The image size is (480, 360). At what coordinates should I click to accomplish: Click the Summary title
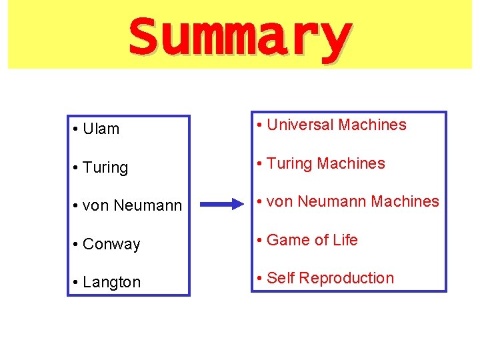pyautogui.click(x=239, y=37)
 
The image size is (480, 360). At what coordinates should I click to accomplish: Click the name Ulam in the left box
pyautogui.click(x=101, y=129)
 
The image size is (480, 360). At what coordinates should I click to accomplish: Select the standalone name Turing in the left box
pyautogui.click(x=105, y=168)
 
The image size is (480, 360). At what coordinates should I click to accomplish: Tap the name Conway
pyautogui.click(x=111, y=245)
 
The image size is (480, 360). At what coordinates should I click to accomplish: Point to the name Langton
pyautogui.click(x=112, y=283)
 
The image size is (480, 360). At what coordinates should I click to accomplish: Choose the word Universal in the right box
pyautogui.click(x=300, y=125)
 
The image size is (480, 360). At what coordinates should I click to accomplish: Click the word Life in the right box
pyautogui.click(x=345, y=240)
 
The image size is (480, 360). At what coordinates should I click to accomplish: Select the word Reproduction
pyautogui.click(x=347, y=278)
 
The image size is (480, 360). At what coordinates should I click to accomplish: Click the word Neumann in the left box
pyautogui.click(x=148, y=206)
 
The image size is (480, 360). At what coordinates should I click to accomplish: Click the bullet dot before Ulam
pyautogui.click(x=77, y=129)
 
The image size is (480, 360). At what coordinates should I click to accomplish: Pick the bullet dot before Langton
pyautogui.click(x=77, y=283)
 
